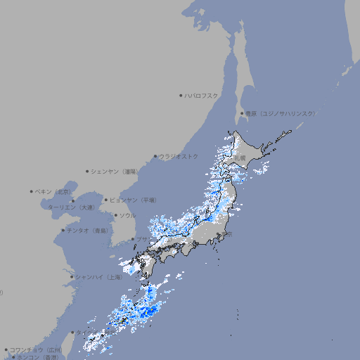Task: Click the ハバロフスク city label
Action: coord(202,95)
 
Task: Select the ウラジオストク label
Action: coord(179,156)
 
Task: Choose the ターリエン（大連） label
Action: coord(71,207)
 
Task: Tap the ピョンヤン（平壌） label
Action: coord(133,200)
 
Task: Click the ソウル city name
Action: coord(127,215)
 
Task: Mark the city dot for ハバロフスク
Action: coord(181,95)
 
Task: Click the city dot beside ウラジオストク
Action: coord(155,156)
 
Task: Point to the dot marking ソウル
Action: coord(115,215)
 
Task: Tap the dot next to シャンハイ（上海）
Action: coord(72,277)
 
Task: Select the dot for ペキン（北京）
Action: coord(32,191)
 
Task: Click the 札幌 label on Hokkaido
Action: coord(241,159)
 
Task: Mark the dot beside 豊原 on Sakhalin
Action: coord(241,113)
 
